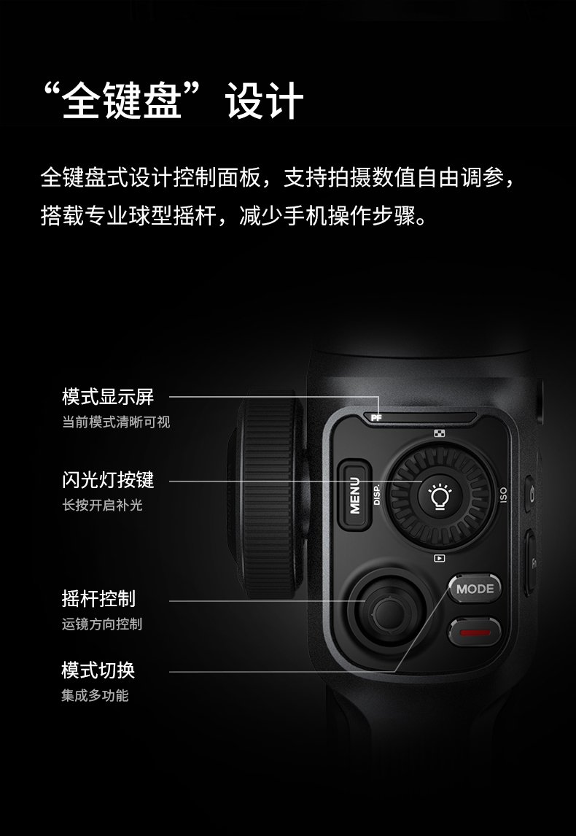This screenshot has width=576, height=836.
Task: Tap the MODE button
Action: pos(475,589)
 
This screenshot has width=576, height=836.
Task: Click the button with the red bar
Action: pos(475,632)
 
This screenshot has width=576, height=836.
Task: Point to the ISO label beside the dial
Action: pos(502,496)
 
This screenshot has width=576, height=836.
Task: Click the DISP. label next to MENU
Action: pos(377,496)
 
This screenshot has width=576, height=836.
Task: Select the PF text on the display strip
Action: pos(376,418)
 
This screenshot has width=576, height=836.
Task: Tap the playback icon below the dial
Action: pos(439,558)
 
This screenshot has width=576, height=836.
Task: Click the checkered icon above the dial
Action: pos(439,435)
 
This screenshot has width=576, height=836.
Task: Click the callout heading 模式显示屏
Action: pos(108,398)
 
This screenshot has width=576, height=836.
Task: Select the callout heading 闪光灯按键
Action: pos(108,480)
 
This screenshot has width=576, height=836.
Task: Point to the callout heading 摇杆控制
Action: pos(98,599)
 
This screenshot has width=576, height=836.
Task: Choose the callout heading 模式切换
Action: pos(98,670)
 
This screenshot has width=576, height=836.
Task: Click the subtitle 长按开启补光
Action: pos(102,505)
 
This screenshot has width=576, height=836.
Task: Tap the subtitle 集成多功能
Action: pos(95,695)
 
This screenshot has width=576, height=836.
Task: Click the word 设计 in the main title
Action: pos(264,101)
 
